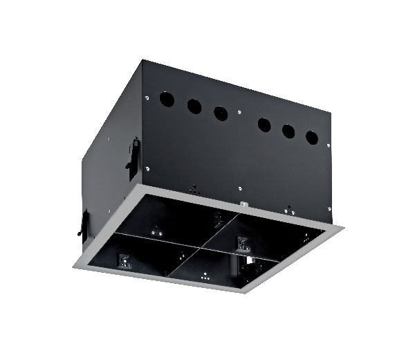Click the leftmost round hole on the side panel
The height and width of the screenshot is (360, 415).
(x=167, y=100)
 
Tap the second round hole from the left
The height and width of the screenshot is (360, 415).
(x=194, y=107)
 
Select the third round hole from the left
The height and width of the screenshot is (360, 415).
(x=221, y=114)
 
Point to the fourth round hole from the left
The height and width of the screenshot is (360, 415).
(x=264, y=124)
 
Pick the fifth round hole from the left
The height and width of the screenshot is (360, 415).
(x=288, y=130)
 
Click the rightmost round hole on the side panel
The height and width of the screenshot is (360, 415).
(x=312, y=137)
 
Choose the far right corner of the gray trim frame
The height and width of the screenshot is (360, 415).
(x=344, y=226)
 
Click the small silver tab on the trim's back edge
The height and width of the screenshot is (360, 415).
(x=243, y=205)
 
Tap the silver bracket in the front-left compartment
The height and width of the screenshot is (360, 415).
(x=124, y=260)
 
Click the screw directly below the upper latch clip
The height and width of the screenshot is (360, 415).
(x=148, y=168)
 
